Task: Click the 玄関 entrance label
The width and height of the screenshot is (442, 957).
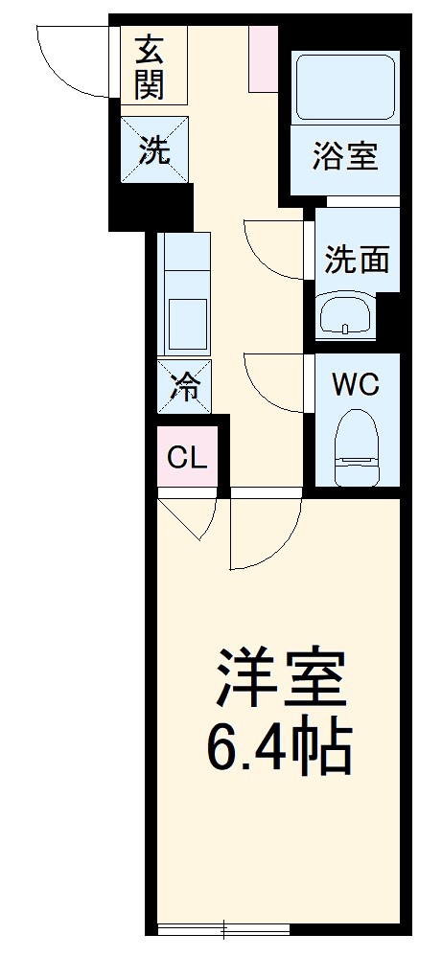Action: [150, 66]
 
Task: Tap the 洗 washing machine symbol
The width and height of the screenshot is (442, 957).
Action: [153, 150]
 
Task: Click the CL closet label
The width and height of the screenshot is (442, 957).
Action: [187, 458]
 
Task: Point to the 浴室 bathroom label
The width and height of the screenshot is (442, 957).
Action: [343, 156]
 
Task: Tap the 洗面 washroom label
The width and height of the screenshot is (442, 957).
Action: [356, 259]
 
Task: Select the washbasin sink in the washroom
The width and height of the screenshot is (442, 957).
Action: [344, 313]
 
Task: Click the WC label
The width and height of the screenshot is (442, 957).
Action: [356, 385]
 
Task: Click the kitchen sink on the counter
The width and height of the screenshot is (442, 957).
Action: [187, 325]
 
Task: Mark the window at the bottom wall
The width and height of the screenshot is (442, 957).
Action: [222, 928]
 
